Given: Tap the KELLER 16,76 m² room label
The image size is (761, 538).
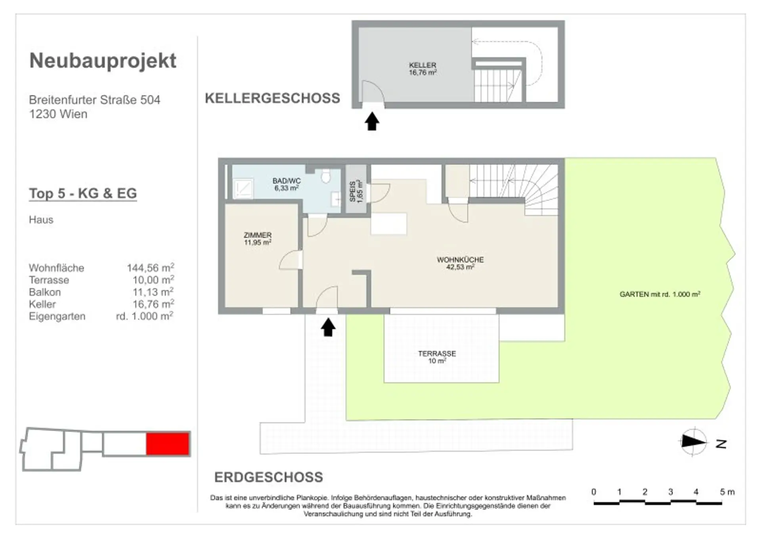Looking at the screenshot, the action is click(x=423, y=69).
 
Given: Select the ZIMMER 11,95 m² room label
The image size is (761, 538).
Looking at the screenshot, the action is click(x=258, y=239).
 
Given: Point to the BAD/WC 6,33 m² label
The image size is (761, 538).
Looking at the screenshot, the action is click(x=287, y=184).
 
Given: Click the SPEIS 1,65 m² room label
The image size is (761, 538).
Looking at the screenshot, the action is click(x=356, y=191).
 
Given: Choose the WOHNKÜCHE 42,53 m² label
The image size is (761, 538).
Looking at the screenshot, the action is click(x=460, y=263).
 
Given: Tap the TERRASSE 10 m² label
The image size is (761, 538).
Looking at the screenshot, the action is click(x=437, y=357).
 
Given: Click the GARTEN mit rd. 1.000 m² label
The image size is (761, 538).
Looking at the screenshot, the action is click(x=660, y=294).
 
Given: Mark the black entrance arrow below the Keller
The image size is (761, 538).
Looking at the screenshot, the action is click(x=372, y=121).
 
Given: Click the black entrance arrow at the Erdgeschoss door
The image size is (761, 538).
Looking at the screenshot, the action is click(x=328, y=328).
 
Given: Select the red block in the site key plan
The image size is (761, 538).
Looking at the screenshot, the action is click(x=168, y=444).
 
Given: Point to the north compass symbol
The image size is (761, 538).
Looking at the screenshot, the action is click(x=694, y=441).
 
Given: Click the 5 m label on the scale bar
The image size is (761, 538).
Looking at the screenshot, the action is click(x=727, y=492).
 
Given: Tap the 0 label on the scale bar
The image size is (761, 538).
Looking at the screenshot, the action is click(x=594, y=492).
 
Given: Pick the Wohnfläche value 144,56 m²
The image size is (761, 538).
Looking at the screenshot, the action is click(x=151, y=267).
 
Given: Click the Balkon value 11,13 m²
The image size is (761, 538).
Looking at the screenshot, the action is click(x=153, y=292).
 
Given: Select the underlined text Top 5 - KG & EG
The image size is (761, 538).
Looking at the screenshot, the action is click(x=83, y=193).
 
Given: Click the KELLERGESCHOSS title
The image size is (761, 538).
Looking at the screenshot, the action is click(x=272, y=98).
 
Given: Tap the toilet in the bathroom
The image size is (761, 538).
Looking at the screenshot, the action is click(x=326, y=176).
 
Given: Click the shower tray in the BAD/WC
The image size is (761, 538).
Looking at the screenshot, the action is click(x=243, y=189).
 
